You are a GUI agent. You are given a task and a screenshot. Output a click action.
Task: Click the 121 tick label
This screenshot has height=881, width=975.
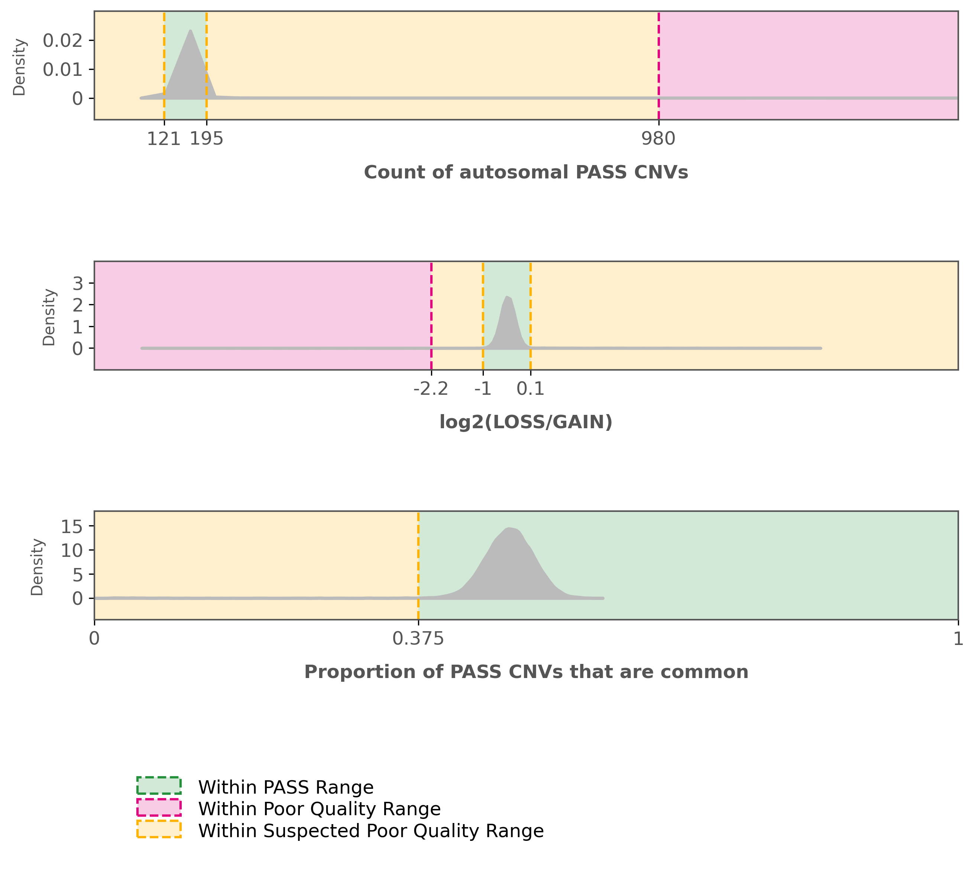pos(163,139)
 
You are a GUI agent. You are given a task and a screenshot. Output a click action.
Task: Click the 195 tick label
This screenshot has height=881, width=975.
pos(207,139)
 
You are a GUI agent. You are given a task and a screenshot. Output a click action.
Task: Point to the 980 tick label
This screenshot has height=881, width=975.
pos(658,139)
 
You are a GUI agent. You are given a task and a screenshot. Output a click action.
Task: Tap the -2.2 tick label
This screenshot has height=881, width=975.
pos(431,389)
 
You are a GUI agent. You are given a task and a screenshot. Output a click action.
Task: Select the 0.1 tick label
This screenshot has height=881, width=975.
pos(531,389)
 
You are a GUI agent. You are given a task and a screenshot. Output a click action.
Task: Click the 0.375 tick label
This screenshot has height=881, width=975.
pos(418,639)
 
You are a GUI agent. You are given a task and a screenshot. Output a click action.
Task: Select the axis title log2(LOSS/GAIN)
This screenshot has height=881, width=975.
pos(526,422)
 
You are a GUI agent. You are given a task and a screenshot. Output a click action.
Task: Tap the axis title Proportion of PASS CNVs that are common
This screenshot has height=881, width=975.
pos(526,672)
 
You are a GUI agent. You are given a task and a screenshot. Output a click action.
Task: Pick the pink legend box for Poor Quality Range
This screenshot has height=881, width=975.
pos(159,807)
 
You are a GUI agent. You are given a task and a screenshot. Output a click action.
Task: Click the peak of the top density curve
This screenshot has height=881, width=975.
pos(191,30)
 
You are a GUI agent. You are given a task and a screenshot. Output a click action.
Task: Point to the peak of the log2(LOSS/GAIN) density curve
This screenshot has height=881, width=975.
pos(507,297)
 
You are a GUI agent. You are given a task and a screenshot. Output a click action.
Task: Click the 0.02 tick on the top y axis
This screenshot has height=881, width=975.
pos(63,41)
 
